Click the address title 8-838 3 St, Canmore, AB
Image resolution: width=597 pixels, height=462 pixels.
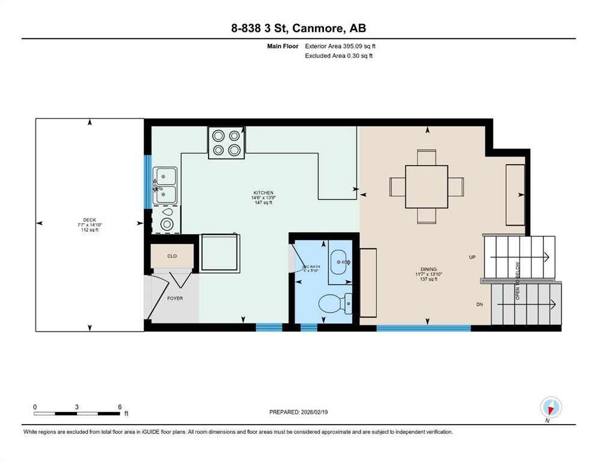click(x=298, y=28)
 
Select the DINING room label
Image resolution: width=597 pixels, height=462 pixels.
click(x=429, y=269)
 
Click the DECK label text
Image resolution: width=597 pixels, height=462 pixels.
click(x=90, y=220)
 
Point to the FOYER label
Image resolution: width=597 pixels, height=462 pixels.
click(x=175, y=298)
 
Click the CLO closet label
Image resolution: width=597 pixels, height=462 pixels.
click(x=172, y=256)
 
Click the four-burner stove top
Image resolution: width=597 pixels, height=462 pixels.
click(x=226, y=143)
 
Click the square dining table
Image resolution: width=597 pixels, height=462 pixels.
click(x=426, y=186)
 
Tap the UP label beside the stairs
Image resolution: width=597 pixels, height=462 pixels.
click(x=473, y=257)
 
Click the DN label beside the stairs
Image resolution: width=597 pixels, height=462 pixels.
click(x=479, y=304)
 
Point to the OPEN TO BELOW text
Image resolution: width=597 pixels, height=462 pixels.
click(x=517, y=280)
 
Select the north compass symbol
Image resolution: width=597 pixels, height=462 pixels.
click(x=551, y=407)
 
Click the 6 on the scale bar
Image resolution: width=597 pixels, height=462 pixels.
click(x=120, y=407)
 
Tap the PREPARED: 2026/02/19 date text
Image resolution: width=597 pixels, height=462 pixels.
click(x=298, y=412)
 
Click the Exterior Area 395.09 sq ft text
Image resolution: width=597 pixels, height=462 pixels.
click(x=340, y=46)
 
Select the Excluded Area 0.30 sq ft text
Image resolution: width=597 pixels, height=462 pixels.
click(x=339, y=56)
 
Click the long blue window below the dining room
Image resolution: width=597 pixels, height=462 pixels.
click(x=423, y=328)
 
